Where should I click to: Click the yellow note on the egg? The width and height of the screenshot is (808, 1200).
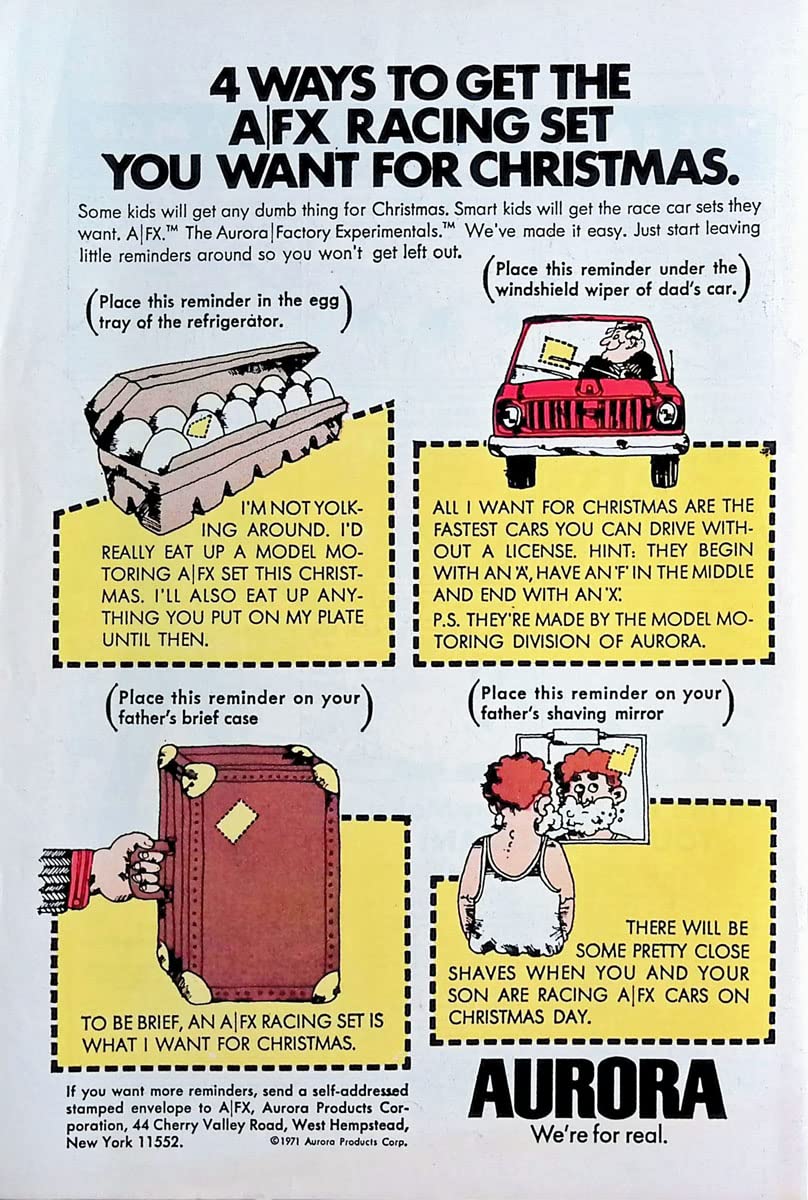pos(204,427)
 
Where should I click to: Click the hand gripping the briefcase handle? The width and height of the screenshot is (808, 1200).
pos(129,865)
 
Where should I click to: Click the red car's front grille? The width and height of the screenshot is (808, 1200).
pos(588,415)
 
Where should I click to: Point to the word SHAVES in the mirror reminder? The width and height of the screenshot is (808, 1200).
pos(484,972)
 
